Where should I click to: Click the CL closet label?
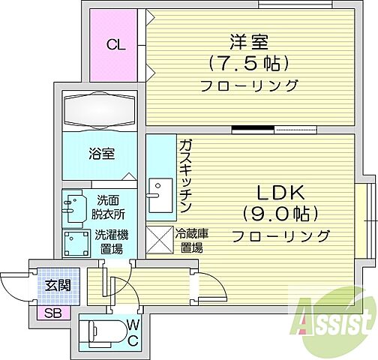[115, 45]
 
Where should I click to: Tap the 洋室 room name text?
[248, 40]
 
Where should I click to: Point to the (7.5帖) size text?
[248, 61]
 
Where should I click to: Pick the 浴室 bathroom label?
[102, 154]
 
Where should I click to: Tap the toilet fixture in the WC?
[106, 331]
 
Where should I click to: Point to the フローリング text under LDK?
[280, 235]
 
